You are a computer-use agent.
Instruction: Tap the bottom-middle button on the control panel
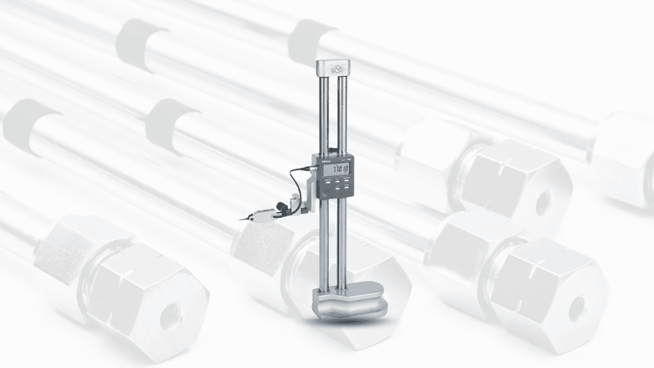(337, 188)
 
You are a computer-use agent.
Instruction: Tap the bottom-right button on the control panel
(347, 188)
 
